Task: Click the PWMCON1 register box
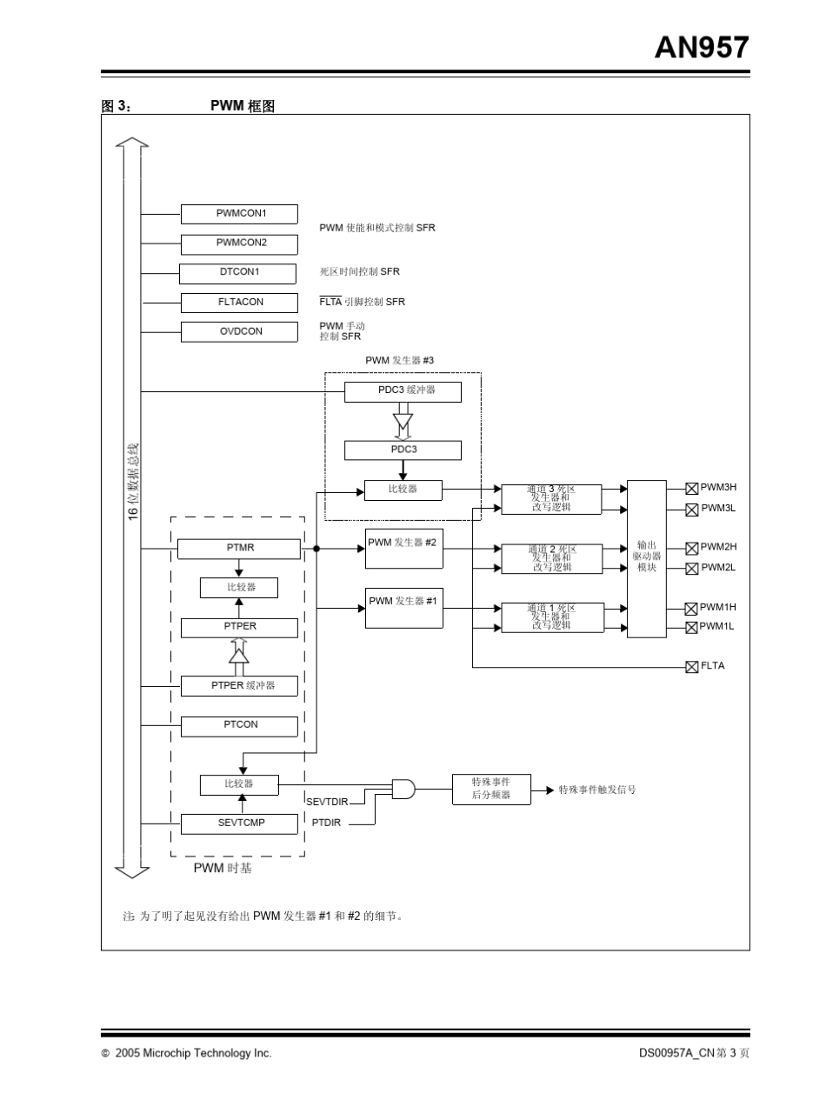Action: [x=239, y=214]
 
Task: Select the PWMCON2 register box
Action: [x=239, y=243]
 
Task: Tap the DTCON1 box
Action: [x=237, y=273]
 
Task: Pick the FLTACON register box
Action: [x=239, y=303]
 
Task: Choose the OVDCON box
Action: [x=239, y=331]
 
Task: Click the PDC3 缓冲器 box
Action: [x=403, y=391]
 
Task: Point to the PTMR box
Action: [x=239, y=549]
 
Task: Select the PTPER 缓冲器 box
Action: [x=239, y=686]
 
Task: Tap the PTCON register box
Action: [x=239, y=725]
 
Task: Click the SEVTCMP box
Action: [x=239, y=823]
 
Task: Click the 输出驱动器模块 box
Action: [x=647, y=558]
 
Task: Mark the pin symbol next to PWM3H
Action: [x=692, y=489]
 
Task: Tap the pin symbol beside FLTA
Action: [x=692, y=667]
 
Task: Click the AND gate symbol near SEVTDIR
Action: [x=403, y=789]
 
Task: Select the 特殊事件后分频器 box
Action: [x=491, y=789]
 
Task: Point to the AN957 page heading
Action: [x=701, y=48]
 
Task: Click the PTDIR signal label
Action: [x=326, y=823]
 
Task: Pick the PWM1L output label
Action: [x=717, y=626]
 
